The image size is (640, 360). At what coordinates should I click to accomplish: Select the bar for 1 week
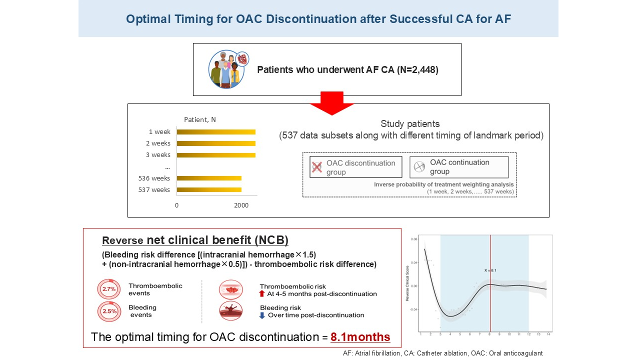[216, 132]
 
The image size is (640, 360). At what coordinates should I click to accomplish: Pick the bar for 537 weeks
[209, 189]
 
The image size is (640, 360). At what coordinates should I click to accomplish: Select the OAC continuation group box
[458, 167]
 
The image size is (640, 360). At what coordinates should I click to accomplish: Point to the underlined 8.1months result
[360, 337]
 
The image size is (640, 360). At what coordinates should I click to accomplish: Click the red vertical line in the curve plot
[490, 300]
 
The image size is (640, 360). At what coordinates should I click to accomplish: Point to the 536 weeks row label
[154, 178]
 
